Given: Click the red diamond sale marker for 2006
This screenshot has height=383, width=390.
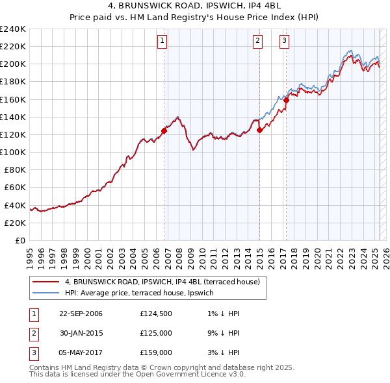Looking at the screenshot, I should (x=164, y=130).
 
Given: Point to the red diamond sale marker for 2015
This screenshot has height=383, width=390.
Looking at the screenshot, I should (x=260, y=130).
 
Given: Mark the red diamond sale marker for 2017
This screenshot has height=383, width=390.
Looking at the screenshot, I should (x=286, y=100).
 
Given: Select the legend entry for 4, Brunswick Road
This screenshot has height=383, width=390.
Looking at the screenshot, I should (x=162, y=282).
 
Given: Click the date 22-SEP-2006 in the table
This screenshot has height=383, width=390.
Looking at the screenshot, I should (x=81, y=314).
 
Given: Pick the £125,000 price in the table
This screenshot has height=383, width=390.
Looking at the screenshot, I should (x=156, y=334).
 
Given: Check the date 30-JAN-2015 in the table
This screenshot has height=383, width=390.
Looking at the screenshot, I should (x=81, y=334).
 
